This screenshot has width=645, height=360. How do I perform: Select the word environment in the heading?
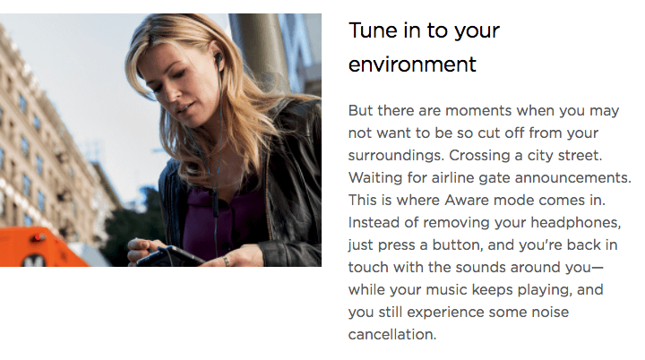[x=412, y=64]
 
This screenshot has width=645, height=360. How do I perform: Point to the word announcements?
[x=573, y=178]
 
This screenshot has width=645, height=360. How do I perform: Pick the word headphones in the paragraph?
[x=576, y=223]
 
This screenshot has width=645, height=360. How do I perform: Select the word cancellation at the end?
[x=392, y=335]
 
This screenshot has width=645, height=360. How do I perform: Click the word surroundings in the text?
[x=397, y=156]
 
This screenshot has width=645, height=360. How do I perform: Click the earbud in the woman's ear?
[x=219, y=57]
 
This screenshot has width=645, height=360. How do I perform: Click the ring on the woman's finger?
[x=227, y=261]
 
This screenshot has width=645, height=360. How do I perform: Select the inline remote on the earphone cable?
[x=215, y=202]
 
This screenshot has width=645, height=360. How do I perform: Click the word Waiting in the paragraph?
[x=375, y=178]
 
